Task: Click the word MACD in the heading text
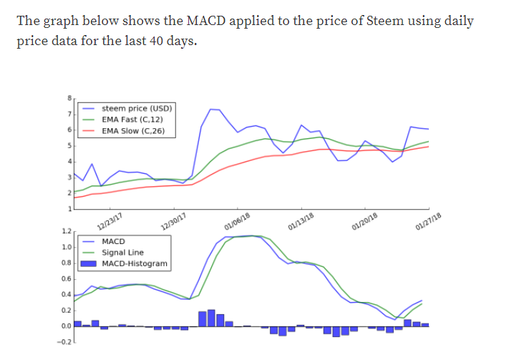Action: click(172, 21)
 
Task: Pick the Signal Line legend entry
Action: click(123, 253)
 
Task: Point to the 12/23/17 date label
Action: click(109, 220)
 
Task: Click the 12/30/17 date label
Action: click(173, 220)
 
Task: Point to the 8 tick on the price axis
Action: click(69, 98)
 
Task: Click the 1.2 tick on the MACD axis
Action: click(66, 232)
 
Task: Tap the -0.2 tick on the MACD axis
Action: click(64, 342)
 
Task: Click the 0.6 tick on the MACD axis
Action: click(66, 278)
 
